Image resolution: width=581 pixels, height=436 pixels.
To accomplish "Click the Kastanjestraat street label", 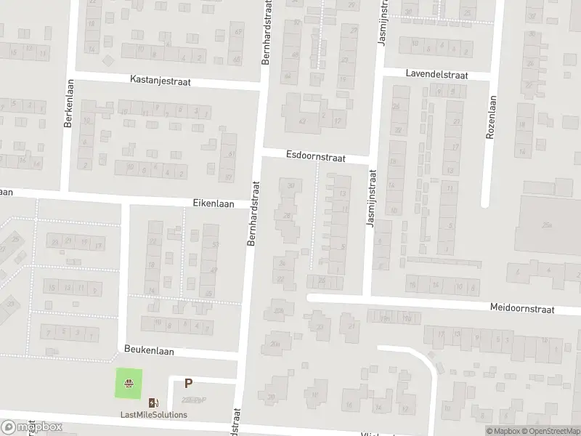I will click(160, 81).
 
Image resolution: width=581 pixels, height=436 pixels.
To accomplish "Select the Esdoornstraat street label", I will click(316, 156).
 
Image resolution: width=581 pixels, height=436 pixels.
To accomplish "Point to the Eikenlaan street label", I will click(214, 204).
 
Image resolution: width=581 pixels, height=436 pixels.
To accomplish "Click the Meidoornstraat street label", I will click(522, 309).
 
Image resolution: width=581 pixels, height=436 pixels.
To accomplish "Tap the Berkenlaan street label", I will click(69, 104).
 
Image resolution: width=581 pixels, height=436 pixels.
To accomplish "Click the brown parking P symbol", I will click(188, 384).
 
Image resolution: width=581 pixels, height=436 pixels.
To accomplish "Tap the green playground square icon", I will click(129, 383).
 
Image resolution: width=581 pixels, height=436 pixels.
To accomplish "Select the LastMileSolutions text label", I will click(153, 415).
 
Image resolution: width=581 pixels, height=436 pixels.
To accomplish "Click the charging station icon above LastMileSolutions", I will click(153, 403).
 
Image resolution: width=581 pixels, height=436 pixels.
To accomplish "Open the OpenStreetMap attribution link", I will click(552, 431).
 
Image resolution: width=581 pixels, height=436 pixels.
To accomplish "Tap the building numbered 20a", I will click(277, 311).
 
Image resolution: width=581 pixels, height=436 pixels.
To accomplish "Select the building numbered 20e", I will click(275, 344).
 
